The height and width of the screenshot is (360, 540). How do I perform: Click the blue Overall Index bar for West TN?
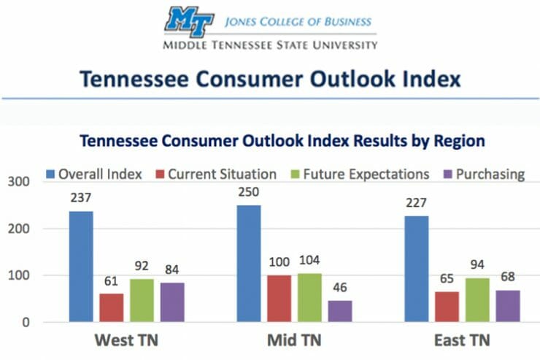pyautogui.click(x=81, y=267)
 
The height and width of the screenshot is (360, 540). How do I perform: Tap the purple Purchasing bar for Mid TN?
pyautogui.click(x=340, y=311)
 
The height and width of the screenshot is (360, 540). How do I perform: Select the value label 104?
pyautogui.click(x=309, y=261)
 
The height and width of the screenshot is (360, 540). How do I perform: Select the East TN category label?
pyautogui.click(x=462, y=340)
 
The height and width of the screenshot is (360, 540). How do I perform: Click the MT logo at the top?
pyautogui.click(x=190, y=22)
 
